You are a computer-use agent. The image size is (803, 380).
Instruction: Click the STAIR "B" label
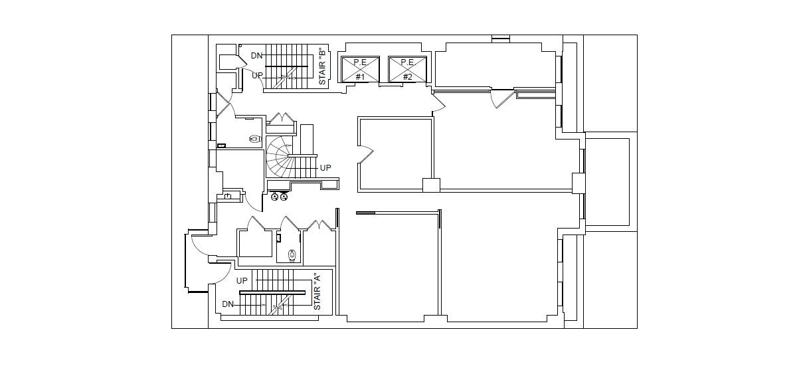(x=322, y=66)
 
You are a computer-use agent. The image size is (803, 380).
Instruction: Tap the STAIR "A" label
(x=317, y=292)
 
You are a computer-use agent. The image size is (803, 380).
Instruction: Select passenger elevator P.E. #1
(x=360, y=69)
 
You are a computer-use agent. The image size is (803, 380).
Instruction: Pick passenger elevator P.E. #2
(x=408, y=69)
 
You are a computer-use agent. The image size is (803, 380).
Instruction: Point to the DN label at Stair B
(x=256, y=56)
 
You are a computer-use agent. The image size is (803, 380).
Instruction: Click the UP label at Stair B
(x=258, y=75)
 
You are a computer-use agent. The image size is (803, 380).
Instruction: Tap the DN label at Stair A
(x=228, y=304)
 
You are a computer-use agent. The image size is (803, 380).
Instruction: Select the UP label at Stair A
(x=242, y=281)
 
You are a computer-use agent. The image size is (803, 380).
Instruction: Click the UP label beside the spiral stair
(x=325, y=168)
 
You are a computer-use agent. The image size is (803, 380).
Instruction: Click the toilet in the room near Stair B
(x=255, y=139)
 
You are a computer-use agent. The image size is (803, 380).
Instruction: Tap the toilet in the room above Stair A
(x=292, y=255)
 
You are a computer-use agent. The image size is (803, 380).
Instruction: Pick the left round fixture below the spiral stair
(x=274, y=197)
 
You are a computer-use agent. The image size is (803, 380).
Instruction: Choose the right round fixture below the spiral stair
(x=284, y=197)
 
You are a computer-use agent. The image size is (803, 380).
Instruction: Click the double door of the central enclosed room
(x=366, y=154)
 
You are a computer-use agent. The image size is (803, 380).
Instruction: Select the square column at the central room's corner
(x=431, y=185)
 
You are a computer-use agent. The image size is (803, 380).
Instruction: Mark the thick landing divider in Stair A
(x=272, y=293)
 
